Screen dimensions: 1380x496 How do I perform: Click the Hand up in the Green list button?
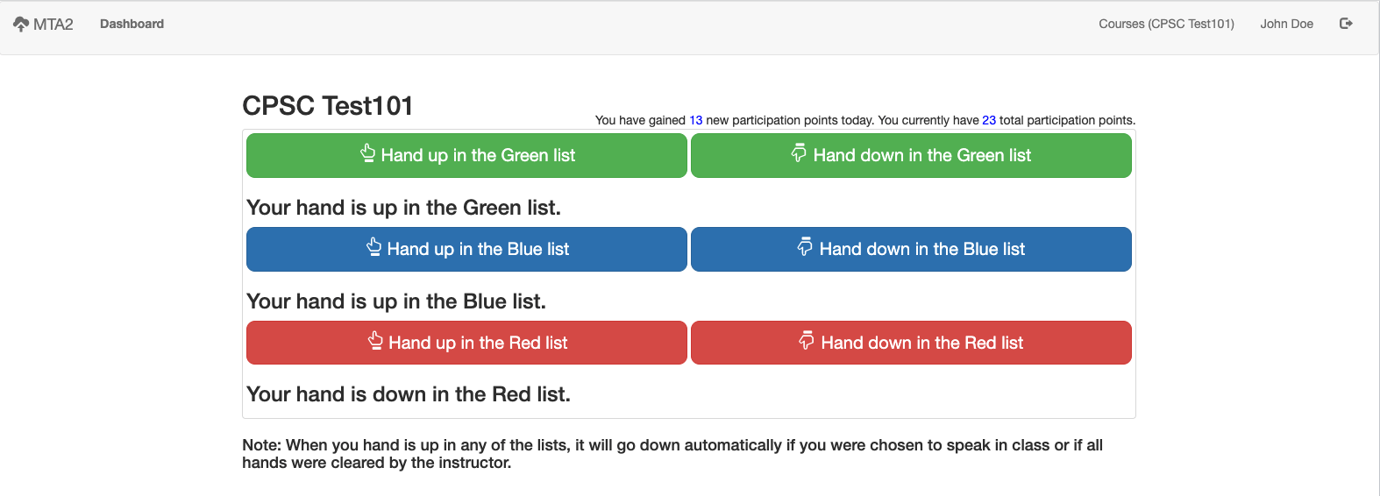pyautogui.click(x=466, y=155)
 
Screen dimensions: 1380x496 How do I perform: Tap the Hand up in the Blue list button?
pyautogui.click(x=466, y=249)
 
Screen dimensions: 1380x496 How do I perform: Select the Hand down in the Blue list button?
pyautogui.click(x=911, y=249)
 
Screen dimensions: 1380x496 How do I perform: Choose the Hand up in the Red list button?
pyautogui.click(x=466, y=343)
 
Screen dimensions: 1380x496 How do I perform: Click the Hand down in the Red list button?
pyautogui.click(x=911, y=343)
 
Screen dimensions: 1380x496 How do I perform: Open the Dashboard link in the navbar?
pyautogui.click(x=132, y=24)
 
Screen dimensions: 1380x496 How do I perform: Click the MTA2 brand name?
pyautogui.click(x=53, y=24)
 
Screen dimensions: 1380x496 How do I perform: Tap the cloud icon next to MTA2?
pyautogui.click(x=21, y=24)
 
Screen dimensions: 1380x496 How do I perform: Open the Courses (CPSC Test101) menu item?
pyautogui.click(x=1166, y=24)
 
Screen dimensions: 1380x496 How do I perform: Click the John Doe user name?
pyautogui.click(x=1286, y=24)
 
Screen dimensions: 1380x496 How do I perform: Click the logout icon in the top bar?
pyautogui.click(x=1346, y=24)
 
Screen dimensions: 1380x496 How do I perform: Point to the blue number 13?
pyautogui.click(x=695, y=120)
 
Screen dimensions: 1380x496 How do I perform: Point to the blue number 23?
pyautogui.click(x=989, y=120)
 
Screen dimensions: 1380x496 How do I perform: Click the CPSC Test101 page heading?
pyautogui.click(x=328, y=106)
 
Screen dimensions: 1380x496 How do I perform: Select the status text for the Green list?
pyautogui.click(x=403, y=208)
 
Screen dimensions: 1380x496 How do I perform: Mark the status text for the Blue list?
pyautogui.click(x=396, y=301)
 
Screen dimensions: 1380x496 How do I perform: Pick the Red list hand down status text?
pyautogui.click(x=409, y=394)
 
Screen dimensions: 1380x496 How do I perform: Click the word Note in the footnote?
pyautogui.click(x=262, y=445)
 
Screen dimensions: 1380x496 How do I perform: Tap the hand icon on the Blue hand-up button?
pyautogui.click(x=373, y=246)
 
